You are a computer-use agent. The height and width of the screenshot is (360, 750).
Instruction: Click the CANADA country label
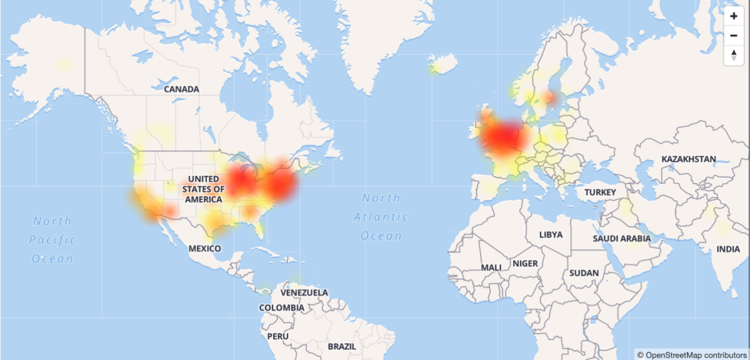click(x=181, y=89)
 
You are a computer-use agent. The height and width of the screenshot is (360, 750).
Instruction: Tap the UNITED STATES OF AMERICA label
click(x=205, y=189)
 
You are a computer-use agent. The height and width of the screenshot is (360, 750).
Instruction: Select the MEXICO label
click(x=205, y=249)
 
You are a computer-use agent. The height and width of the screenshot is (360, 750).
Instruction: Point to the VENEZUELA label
click(x=304, y=292)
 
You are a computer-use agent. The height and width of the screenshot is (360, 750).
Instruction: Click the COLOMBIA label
click(x=281, y=307)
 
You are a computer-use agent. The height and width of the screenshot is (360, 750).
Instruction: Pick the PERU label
click(x=277, y=336)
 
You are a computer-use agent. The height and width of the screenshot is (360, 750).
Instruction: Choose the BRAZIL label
click(x=341, y=346)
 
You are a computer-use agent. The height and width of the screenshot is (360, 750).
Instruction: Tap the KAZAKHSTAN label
click(x=688, y=159)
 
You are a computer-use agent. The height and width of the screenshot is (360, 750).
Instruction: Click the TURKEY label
click(x=600, y=192)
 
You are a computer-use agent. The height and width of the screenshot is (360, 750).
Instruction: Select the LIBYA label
click(x=551, y=235)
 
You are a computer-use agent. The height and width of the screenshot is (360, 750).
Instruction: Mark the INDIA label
click(x=727, y=249)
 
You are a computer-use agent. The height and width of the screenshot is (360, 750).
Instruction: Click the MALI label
click(x=491, y=267)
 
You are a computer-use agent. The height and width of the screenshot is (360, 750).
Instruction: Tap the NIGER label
click(x=525, y=264)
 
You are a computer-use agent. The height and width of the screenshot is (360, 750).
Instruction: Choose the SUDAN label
click(x=584, y=273)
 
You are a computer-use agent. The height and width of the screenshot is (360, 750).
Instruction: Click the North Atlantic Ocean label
click(x=381, y=217)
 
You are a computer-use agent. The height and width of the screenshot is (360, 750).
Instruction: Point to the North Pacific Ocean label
click(x=53, y=239)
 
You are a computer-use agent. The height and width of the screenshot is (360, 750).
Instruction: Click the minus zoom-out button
click(x=734, y=35)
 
